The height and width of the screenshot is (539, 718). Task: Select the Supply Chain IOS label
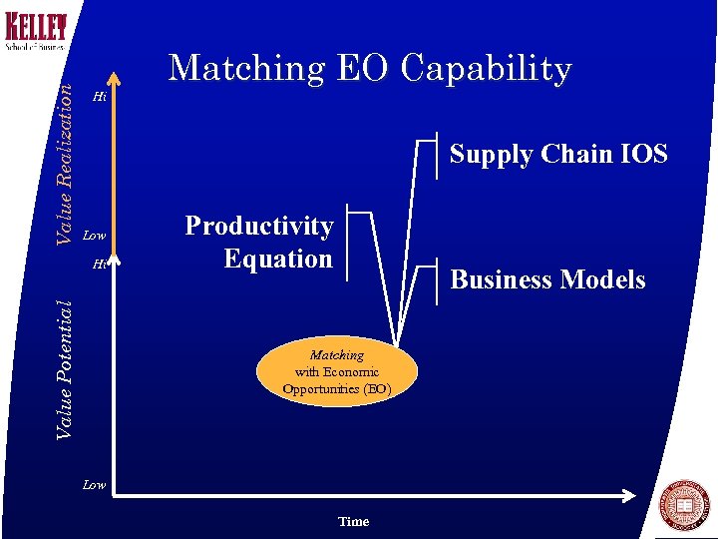(557, 154)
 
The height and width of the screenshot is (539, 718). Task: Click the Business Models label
(547, 279)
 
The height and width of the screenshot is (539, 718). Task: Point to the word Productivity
(259, 226)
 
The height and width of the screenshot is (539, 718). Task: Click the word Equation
(278, 259)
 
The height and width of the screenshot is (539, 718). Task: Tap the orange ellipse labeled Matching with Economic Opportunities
(336, 372)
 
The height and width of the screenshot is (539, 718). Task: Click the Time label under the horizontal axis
(353, 521)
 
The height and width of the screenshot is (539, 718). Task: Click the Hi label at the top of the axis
(99, 97)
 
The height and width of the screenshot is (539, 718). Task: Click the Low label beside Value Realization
(94, 236)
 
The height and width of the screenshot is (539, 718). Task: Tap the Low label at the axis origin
(94, 485)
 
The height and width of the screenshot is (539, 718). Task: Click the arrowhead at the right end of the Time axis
(630, 496)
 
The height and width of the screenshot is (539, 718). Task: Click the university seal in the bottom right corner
(685, 505)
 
